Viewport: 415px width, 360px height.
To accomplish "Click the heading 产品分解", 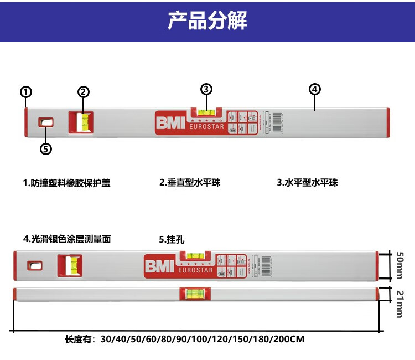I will [x=207, y=21].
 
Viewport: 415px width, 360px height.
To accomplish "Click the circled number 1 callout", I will [x=26, y=92].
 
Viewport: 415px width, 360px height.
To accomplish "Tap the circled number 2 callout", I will [x=84, y=92].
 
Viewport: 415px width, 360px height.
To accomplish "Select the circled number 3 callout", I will [x=206, y=89].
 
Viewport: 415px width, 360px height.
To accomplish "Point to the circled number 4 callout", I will [x=315, y=89].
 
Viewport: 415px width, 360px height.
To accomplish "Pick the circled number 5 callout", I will [x=46, y=148].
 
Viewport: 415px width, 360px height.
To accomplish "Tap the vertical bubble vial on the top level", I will [x=85, y=122].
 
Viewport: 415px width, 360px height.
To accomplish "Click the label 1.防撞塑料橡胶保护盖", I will [x=66, y=183].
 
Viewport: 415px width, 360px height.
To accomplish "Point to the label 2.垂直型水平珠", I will [x=190, y=182].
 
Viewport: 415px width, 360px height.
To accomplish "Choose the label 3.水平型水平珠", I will [x=307, y=182].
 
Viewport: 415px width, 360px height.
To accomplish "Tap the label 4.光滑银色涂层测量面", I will [x=67, y=239].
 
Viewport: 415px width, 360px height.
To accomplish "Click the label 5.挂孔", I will [x=172, y=240].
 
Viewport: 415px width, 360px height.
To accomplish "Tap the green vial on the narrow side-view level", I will [x=195, y=294].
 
